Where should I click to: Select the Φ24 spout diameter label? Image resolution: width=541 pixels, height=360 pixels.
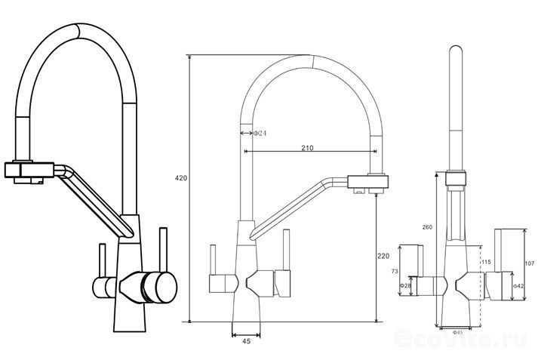(259, 134)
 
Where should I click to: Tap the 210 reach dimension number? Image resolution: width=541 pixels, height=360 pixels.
(307, 148)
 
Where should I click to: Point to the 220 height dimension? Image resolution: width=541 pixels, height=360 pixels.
(383, 256)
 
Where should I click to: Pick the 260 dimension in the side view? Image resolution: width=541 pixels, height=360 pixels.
(427, 227)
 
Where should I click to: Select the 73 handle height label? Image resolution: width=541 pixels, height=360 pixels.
(395, 269)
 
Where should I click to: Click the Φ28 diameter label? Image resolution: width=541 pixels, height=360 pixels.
(405, 285)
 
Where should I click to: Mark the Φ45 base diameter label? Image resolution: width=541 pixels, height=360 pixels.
(457, 331)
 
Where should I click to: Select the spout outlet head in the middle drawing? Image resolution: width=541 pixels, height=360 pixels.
(369, 183)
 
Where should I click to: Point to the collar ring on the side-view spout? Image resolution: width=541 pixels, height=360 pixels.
(454, 178)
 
